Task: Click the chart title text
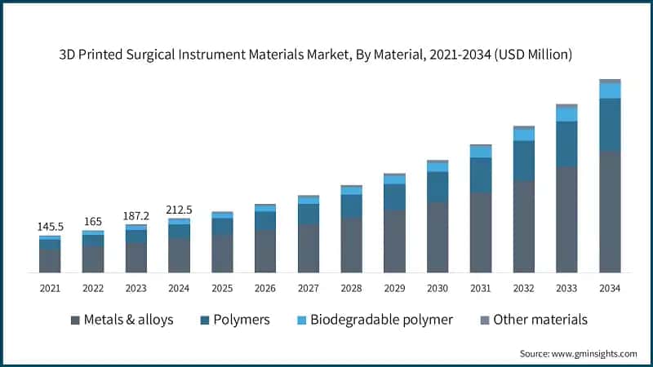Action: [326, 55]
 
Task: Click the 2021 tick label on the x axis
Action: [50, 288]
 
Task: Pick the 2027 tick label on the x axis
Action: [309, 288]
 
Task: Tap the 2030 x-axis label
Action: [438, 288]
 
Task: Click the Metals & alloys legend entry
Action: [122, 319]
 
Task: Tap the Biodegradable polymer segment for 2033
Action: [567, 115]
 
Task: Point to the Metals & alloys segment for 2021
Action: [50, 261]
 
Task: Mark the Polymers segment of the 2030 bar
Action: [438, 187]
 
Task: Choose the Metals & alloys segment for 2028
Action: [352, 245]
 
